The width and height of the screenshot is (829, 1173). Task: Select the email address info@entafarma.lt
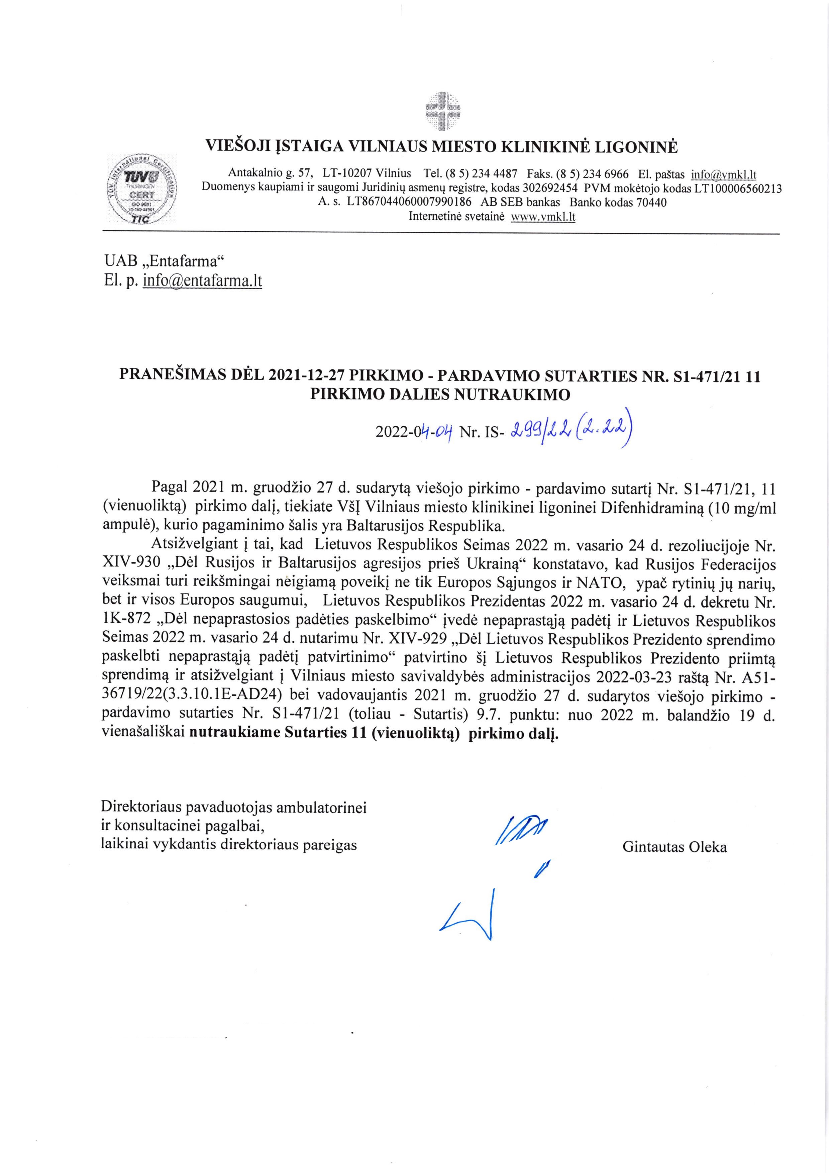203,281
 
